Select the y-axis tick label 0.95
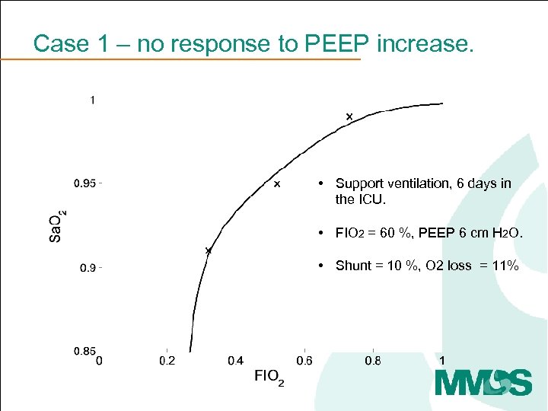(84, 183)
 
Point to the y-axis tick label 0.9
(89, 268)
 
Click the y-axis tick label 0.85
(84, 351)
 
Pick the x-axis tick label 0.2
(166, 361)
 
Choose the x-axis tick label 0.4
(235, 361)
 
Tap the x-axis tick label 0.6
(304, 361)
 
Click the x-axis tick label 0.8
(373, 361)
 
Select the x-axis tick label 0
(99, 361)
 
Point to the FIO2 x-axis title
(269, 377)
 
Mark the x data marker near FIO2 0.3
(208, 250)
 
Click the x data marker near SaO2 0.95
(277, 184)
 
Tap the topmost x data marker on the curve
(349, 116)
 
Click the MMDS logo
(483, 382)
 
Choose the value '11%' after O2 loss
(505, 266)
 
